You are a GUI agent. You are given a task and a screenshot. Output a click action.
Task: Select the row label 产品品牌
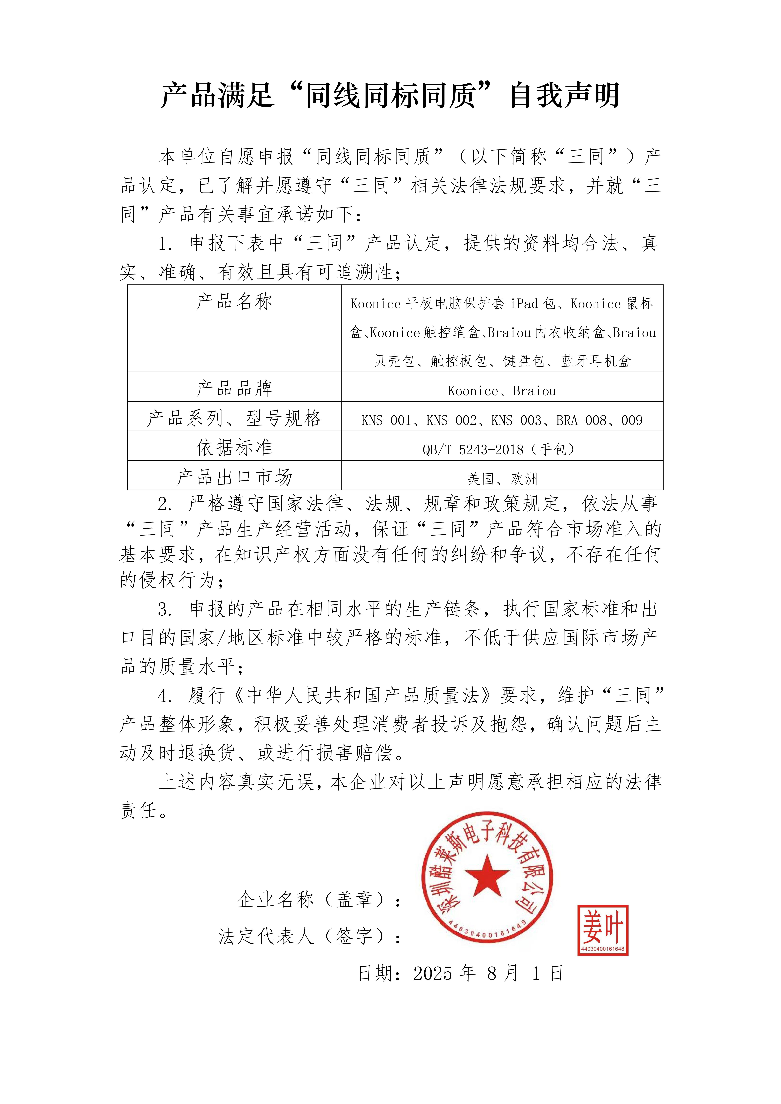tap(234, 388)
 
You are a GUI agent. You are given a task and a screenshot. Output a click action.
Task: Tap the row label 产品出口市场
tap(234, 477)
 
